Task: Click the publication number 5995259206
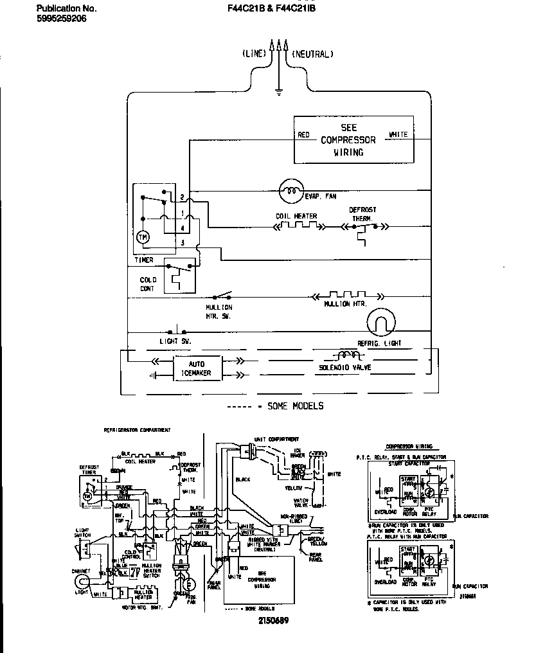click(x=62, y=19)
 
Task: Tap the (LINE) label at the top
click(x=254, y=54)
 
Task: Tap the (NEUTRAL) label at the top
click(x=313, y=54)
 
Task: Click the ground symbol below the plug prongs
click(x=278, y=91)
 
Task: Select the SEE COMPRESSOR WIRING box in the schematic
click(x=353, y=140)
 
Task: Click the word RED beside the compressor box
click(x=304, y=135)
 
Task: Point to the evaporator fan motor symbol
click(x=291, y=190)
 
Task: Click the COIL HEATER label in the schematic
click(x=296, y=217)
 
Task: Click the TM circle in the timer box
click(x=143, y=237)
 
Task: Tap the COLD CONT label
click(x=148, y=284)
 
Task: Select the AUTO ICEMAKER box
click(x=197, y=368)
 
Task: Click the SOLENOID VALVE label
click(x=345, y=368)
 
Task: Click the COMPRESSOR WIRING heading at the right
click(x=409, y=447)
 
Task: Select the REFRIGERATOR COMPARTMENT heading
click(x=136, y=429)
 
